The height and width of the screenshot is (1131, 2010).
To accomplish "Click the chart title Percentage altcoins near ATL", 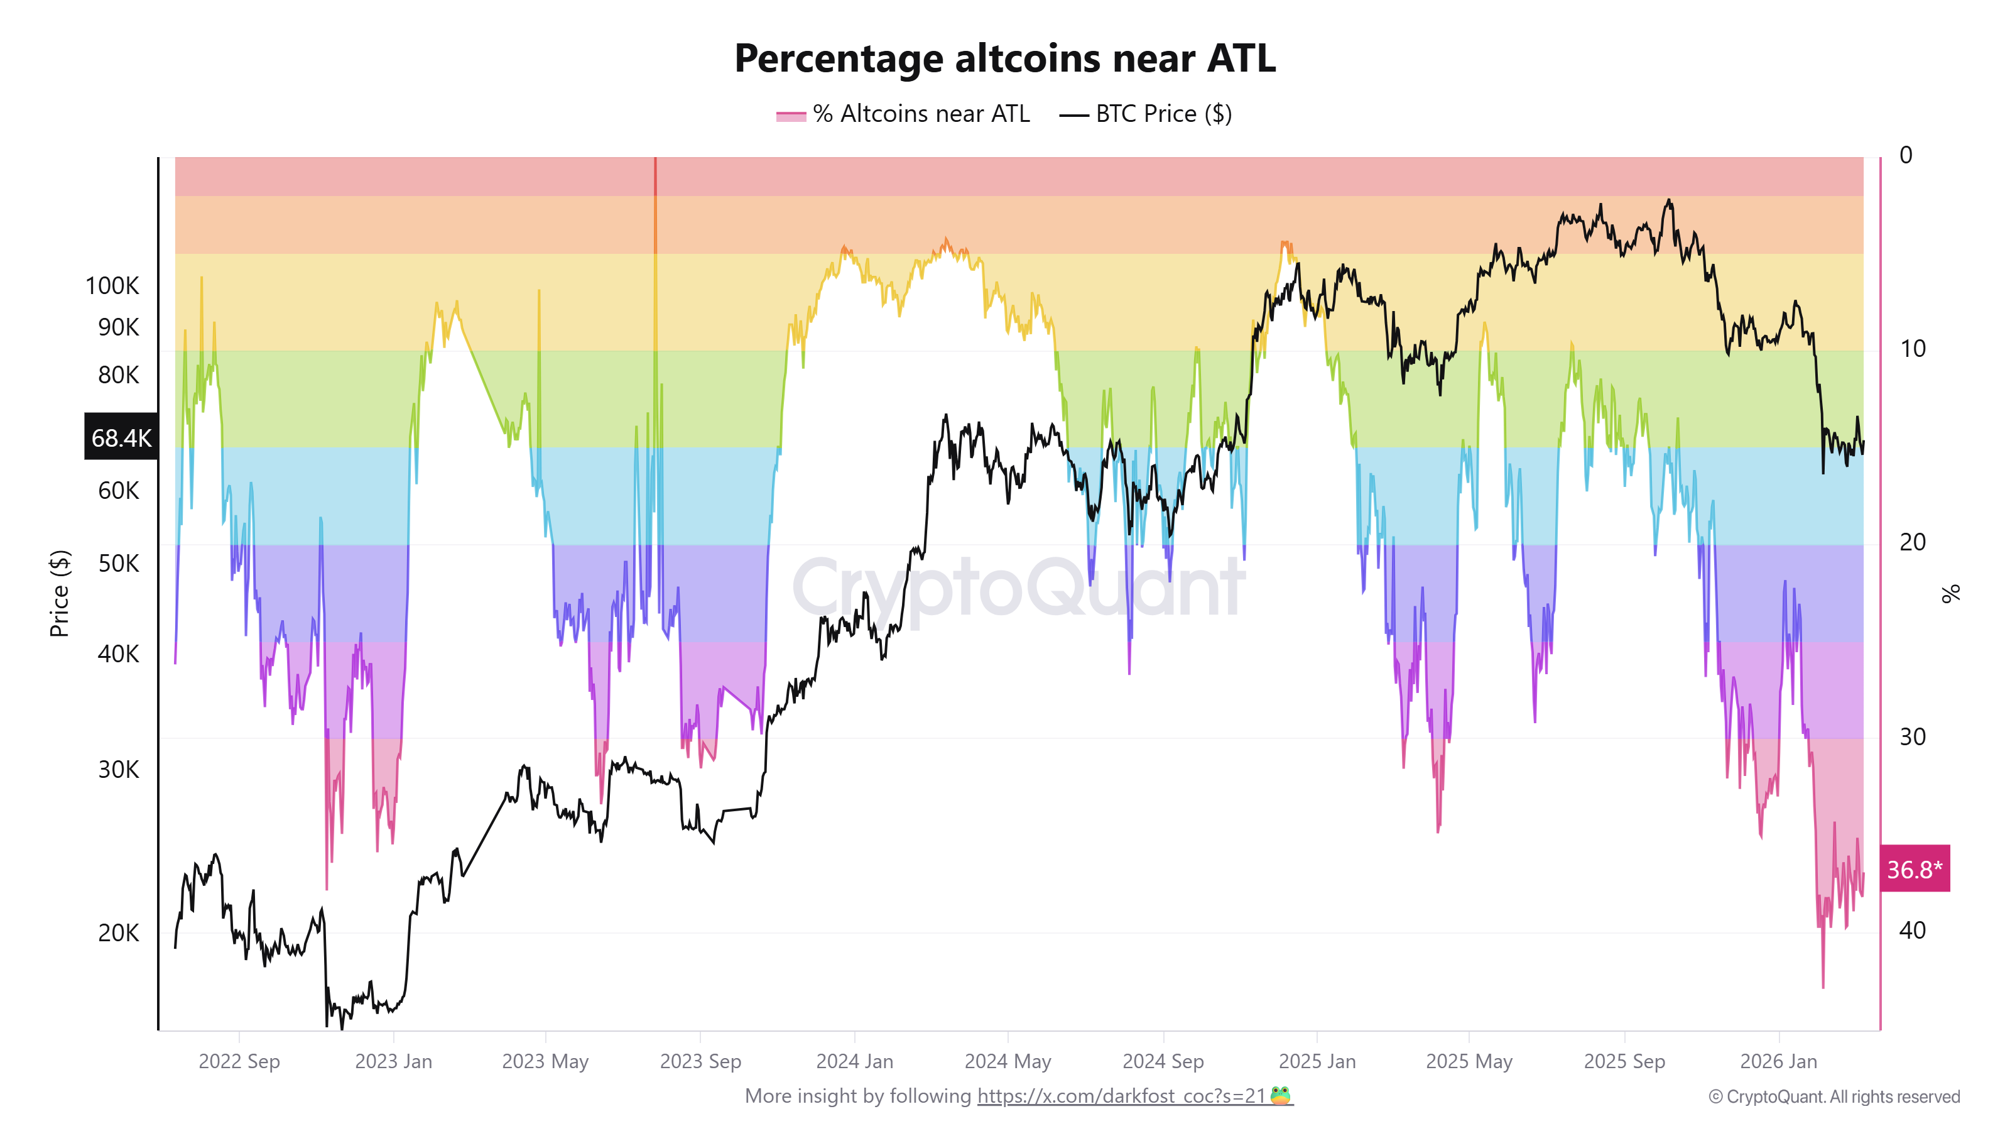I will tap(1004, 58).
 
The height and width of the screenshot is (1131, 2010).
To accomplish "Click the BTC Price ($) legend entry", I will tap(1146, 114).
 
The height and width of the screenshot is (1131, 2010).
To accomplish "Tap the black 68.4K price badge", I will tap(121, 437).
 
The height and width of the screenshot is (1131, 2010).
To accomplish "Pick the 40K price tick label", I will tap(118, 653).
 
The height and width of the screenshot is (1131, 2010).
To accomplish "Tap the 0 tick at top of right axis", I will tap(1906, 155).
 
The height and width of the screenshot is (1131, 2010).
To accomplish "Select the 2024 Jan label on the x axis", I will tap(854, 1061).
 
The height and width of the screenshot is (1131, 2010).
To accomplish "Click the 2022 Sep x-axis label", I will tap(239, 1061).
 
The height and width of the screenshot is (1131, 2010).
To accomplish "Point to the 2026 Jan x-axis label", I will tap(1778, 1061).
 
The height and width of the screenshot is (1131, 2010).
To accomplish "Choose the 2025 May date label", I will tap(1469, 1061).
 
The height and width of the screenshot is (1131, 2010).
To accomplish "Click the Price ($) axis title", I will tap(59, 593).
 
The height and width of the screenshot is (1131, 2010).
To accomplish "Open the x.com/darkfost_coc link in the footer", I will tap(1121, 1096).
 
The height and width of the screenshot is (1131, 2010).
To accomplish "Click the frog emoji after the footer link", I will tap(1281, 1095).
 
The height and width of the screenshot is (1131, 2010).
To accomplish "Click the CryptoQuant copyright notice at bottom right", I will tap(1833, 1096).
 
